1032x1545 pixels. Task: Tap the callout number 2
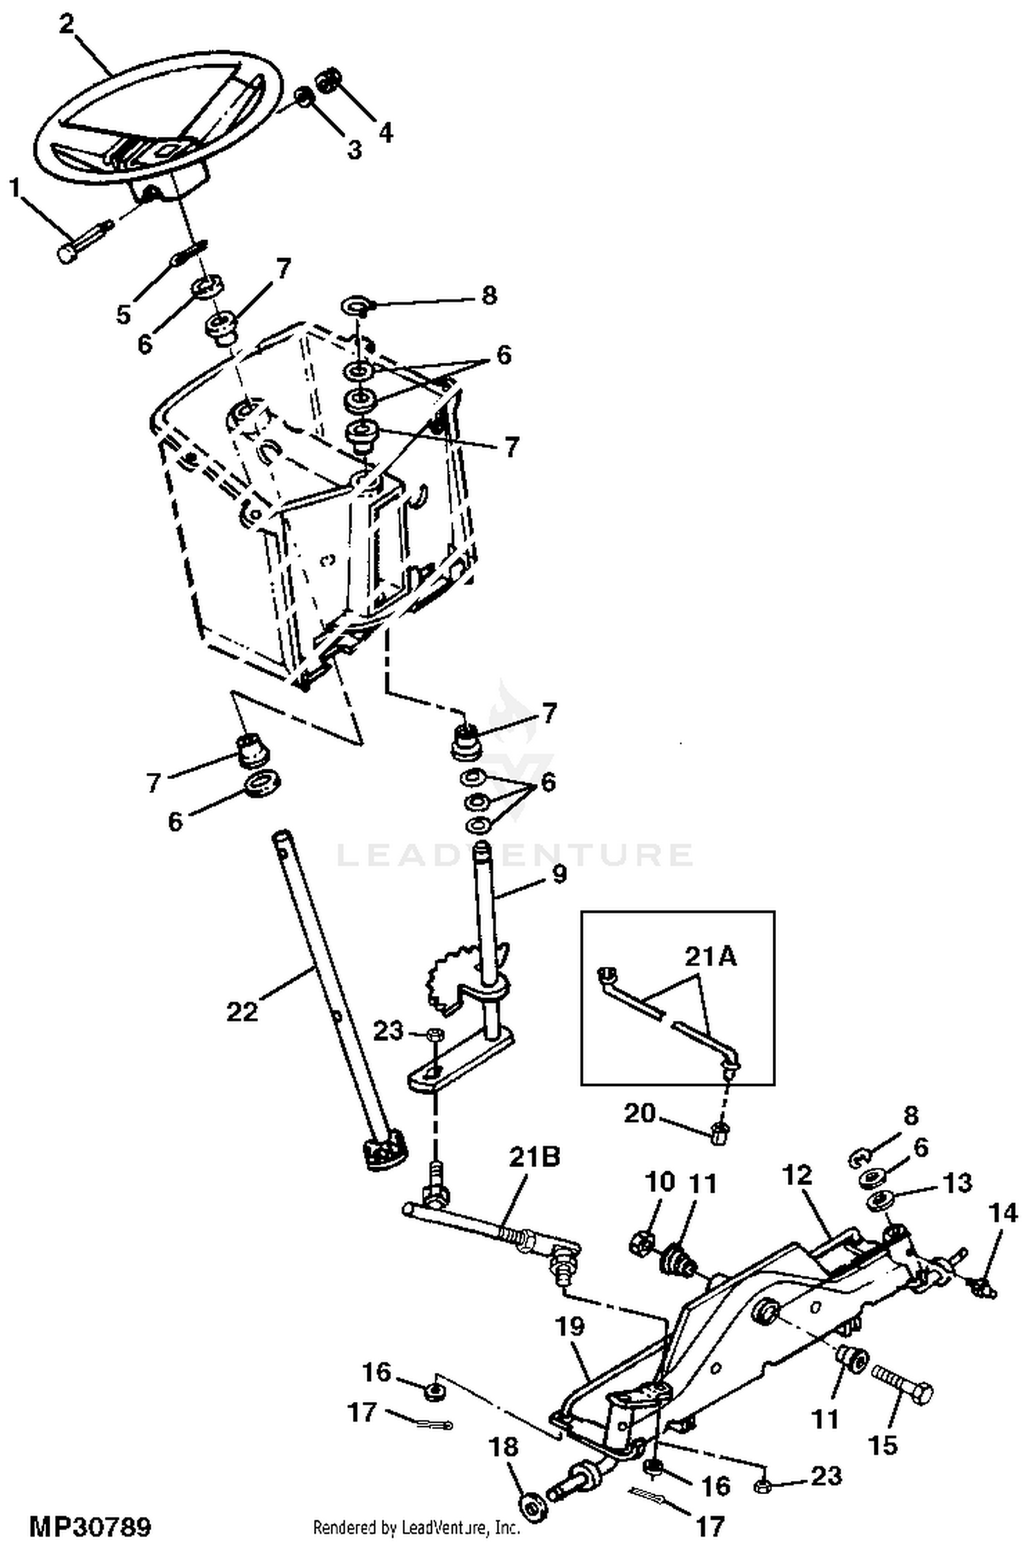[x=67, y=25]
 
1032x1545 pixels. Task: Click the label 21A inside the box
[x=710, y=957]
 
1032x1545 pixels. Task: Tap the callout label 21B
[x=535, y=1157]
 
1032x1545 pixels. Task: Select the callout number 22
[x=241, y=1011]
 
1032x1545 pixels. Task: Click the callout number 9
[x=558, y=874]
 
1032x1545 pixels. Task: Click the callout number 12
[x=797, y=1175]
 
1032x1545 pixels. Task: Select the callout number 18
[x=504, y=1447]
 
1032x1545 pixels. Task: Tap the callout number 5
[x=123, y=315]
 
